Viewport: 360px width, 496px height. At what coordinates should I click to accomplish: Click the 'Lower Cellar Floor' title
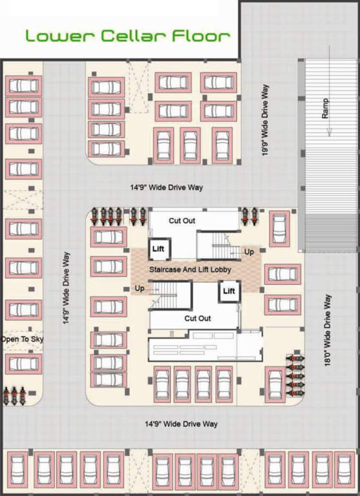127,36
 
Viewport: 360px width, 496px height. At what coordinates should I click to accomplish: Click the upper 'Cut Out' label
182,221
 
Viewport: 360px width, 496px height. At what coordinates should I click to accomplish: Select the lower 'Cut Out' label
197,318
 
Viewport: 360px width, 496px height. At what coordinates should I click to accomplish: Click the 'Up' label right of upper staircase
249,251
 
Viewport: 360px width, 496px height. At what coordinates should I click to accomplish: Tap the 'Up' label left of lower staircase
140,288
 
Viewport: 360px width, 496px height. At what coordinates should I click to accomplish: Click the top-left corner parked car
23,85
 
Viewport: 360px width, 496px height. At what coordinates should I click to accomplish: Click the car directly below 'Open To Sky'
23,364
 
